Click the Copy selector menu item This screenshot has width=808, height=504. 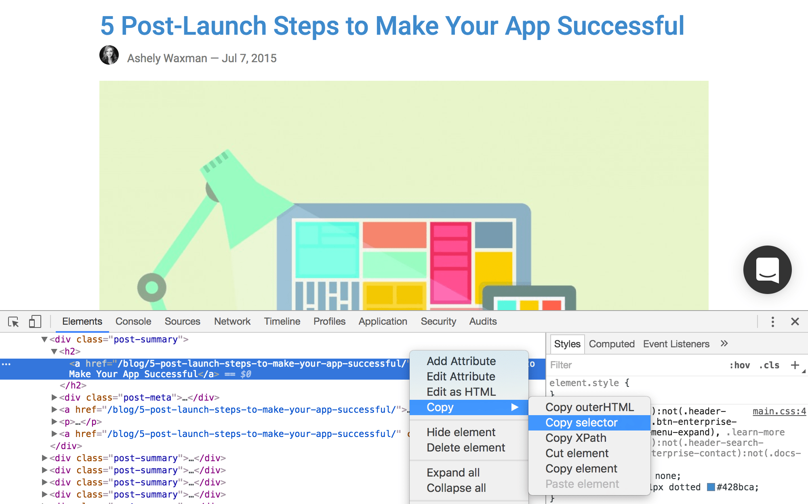581,422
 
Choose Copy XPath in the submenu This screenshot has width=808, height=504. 576,438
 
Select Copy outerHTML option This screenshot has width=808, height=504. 589,407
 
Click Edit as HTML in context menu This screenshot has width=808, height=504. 461,392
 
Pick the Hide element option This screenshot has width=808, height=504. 461,432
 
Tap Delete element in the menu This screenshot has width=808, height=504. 466,447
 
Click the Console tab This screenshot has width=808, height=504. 133,321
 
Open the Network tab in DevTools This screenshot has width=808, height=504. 232,321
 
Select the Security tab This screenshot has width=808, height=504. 438,321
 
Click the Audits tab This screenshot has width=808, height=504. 483,321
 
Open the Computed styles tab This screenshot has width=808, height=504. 611,344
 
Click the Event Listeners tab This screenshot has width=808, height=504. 676,344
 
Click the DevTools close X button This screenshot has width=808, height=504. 795,321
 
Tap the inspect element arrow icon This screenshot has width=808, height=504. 13,322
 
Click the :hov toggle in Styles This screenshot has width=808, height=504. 739,365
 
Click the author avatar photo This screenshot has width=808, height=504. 109,55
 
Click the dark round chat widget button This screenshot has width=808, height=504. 767,270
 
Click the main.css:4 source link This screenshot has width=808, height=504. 779,411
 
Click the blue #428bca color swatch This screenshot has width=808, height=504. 711,487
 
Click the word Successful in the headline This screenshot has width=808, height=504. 621,26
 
